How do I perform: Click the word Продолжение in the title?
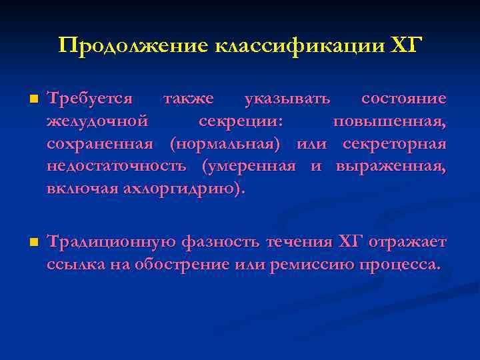[x=133, y=45]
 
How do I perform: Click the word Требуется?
[x=89, y=99]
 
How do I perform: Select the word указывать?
[x=287, y=99]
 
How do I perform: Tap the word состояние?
[x=403, y=99]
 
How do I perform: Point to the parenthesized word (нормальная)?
[x=225, y=143]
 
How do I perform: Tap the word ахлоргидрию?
[x=179, y=187]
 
